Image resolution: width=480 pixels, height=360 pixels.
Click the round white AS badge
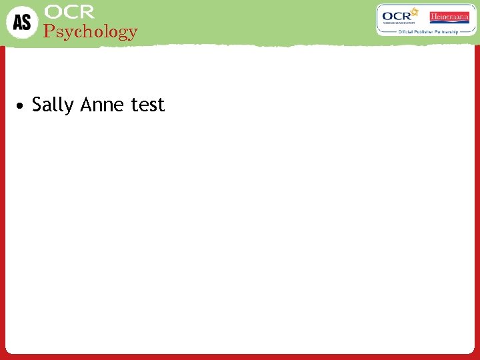point(22,22)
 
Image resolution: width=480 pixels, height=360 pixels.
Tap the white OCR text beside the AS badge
point(69,11)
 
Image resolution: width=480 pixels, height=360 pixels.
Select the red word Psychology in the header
point(90,31)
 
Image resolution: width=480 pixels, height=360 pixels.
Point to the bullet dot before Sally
point(22,105)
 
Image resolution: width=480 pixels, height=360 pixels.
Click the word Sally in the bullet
point(53,105)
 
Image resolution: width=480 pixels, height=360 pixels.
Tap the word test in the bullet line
point(147,105)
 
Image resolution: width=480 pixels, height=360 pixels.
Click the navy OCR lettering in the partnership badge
point(397,17)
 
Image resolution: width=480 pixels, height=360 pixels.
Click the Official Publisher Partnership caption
point(427,31)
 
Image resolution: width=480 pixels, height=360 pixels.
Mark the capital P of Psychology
point(48,31)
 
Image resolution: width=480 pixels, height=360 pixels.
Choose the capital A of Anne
point(86,105)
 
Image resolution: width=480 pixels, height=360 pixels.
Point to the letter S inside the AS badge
point(26,23)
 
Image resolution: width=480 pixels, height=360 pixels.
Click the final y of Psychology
point(132,33)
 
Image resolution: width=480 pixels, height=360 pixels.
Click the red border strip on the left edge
point(3,200)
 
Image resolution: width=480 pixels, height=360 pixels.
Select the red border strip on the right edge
point(476,200)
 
